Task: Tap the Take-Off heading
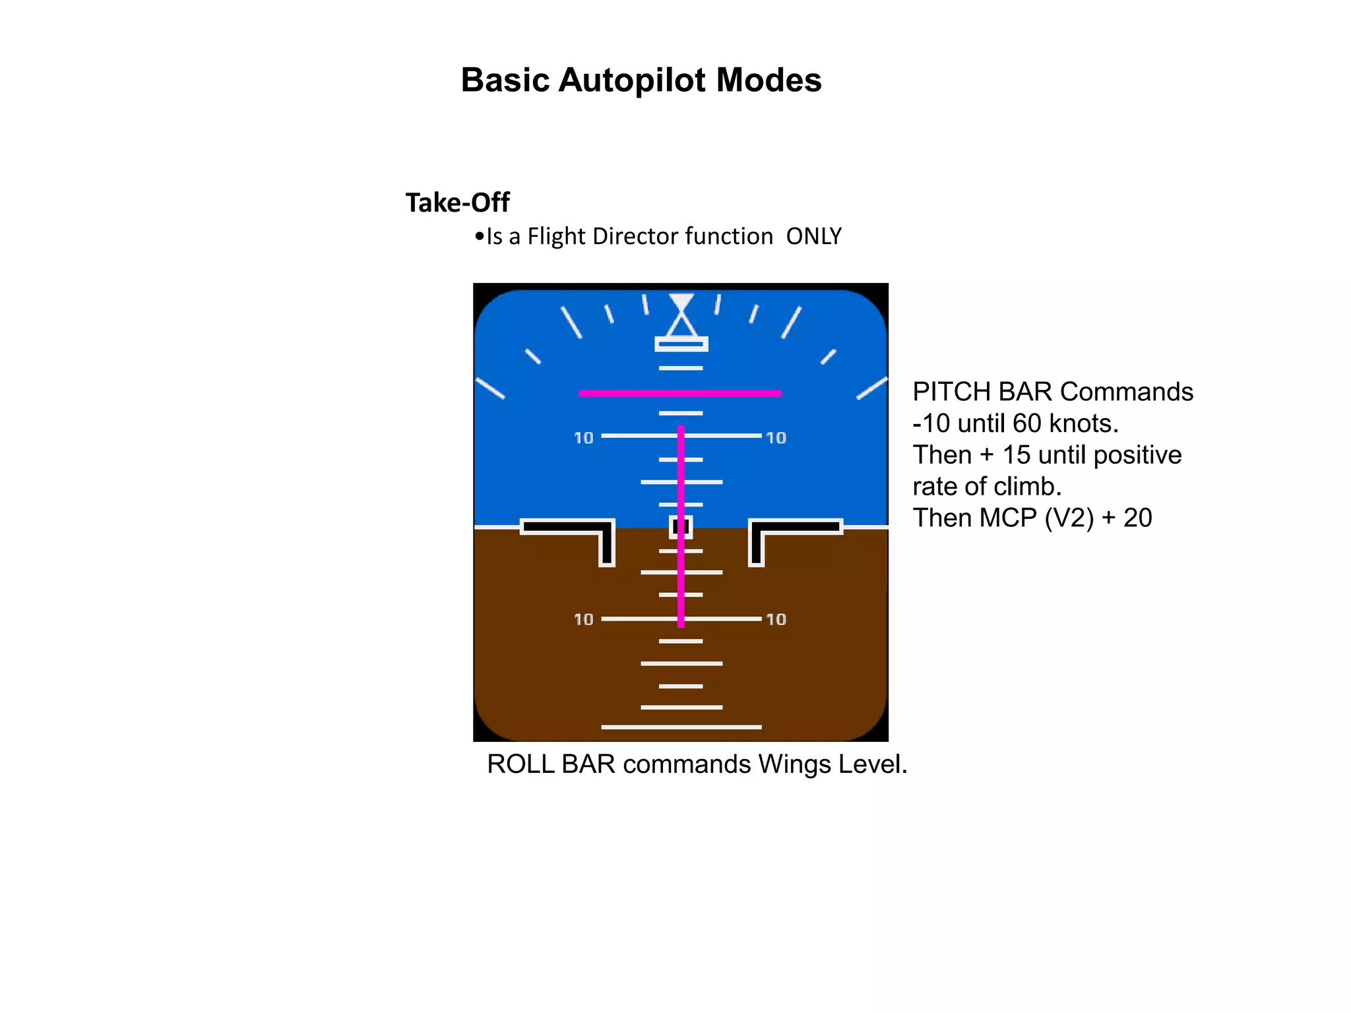tap(457, 202)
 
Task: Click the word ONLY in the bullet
tap(813, 236)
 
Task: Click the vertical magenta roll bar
tap(681, 475)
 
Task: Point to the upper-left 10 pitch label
tap(584, 438)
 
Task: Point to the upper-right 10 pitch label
tap(776, 438)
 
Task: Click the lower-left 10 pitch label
tap(584, 619)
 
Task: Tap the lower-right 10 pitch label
tap(776, 619)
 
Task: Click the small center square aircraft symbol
tap(681, 526)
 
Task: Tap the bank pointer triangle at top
tap(681, 324)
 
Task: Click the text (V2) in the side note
tap(1069, 518)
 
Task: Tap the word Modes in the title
tap(769, 80)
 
